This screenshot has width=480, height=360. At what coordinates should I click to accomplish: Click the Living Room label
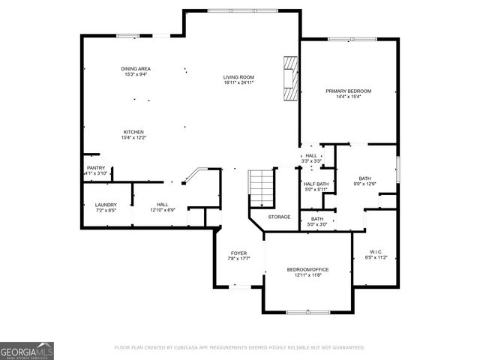tap(238, 76)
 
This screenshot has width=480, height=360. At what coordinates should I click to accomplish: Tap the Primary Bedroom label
tap(348, 91)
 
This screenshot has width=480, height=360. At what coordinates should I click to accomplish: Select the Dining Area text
tap(136, 69)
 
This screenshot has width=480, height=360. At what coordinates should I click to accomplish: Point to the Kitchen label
tap(133, 132)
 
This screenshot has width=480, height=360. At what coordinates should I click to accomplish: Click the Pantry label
tap(96, 168)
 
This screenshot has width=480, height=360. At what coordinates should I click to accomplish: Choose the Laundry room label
tap(105, 205)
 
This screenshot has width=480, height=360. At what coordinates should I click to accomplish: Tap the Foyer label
tap(238, 253)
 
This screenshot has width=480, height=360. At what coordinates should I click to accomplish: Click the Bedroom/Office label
tap(307, 269)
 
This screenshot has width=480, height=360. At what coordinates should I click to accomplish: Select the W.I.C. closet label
tap(376, 251)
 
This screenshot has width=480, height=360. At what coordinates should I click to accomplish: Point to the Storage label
tap(279, 217)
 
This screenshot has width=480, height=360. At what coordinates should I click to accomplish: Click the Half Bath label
tap(316, 184)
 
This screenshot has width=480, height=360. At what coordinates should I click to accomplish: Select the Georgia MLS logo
tap(27, 350)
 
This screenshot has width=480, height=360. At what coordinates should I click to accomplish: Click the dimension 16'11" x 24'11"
tap(238, 82)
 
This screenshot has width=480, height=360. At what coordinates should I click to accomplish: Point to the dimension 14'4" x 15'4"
tap(348, 97)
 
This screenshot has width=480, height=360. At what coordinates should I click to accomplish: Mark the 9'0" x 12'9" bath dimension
tap(364, 184)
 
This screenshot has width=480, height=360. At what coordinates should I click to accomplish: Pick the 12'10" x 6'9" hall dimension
tap(162, 211)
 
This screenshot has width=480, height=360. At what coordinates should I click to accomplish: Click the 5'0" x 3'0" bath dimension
tap(313, 224)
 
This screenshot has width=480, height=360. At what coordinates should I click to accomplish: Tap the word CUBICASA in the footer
tap(192, 348)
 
